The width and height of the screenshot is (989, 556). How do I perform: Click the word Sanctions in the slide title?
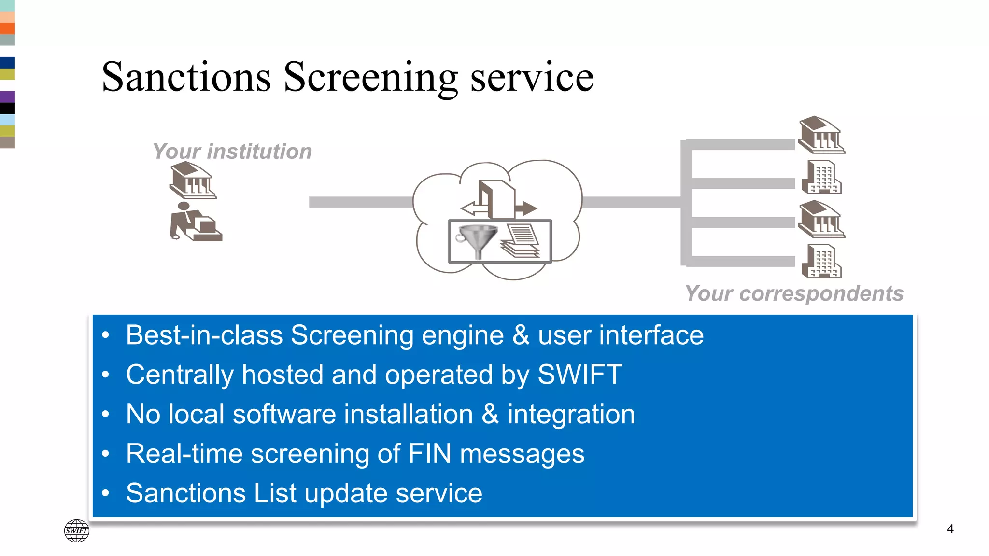(186, 77)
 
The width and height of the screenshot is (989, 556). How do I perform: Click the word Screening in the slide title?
(370, 77)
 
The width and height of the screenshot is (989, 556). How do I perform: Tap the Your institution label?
(232, 152)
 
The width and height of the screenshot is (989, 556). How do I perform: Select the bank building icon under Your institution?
(193, 181)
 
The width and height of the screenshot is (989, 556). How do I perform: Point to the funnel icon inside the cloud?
(477, 240)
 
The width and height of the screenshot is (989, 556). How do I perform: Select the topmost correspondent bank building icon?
(821, 135)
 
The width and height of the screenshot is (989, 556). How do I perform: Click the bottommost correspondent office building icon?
(822, 261)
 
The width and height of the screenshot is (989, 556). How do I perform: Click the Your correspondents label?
(794, 293)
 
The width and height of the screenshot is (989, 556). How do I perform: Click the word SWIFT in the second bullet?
(579, 375)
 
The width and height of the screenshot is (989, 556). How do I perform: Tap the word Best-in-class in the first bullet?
(204, 335)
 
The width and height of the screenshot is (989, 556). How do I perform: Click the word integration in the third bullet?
(571, 414)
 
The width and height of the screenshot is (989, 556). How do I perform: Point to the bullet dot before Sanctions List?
(106, 493)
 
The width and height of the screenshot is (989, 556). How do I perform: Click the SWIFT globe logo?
(77, 530)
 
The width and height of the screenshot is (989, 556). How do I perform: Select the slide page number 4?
(950, 529)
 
